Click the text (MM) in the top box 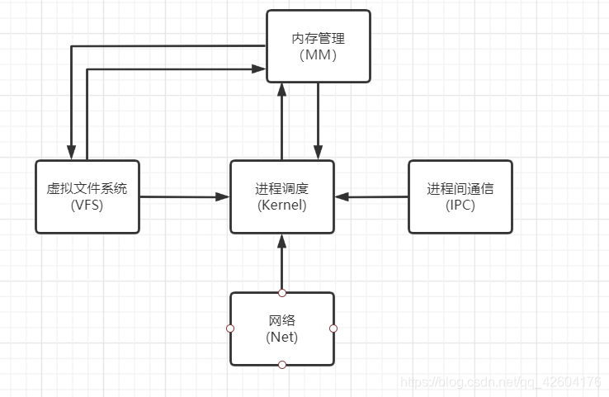[318, 54]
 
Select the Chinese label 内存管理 [318, 38]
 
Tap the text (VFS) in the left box [87, 205]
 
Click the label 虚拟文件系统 [87, 189]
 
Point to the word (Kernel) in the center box [281, 205]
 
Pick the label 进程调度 [281, 189]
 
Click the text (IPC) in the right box [460, 205]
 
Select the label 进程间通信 [460, 189]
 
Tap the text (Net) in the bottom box [281, 337]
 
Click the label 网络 [281, 320]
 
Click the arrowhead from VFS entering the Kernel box [223, 197]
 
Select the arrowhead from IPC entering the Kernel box [342, 197]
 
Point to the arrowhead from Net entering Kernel [281, 240]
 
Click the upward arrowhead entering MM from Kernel [282, 89]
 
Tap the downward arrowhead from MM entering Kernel [318, 154]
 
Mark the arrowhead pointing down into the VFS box [72, 154]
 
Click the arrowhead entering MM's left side [260, 69]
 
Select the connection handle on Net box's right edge [333, 328]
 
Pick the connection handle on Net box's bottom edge [281, 365]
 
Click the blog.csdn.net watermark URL [500, 382]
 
